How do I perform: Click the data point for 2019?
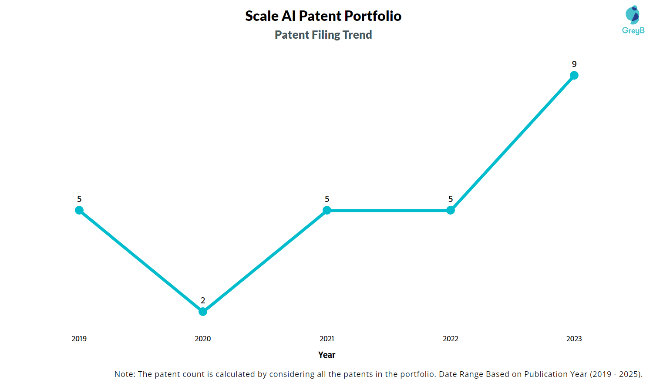click(x=79, y=210)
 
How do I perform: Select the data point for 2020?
click(x=203, y=312)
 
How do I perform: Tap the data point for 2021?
click(x=327, y=210)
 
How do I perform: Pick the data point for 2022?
click(x=451, y=210)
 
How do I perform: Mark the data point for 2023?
click(x=574, y=75)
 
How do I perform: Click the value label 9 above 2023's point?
click(x=574, y=64)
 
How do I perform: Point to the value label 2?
click(x=203, y=300)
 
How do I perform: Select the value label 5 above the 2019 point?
click(x=79, y=199)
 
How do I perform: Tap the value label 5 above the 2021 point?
click(x=327, y=199)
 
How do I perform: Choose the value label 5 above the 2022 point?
click(x=451, y=199)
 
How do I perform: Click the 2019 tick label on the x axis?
click(x=79, y=339)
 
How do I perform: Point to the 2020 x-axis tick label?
click(x=203, y=339)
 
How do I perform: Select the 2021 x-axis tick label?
click(x=327, y=339)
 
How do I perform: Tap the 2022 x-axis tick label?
click(x=451, y=339)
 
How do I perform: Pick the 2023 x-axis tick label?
click(x=574, y=339)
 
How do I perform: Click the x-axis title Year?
click(x=327, y=355)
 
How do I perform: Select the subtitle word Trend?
click(x=357, y=35)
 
